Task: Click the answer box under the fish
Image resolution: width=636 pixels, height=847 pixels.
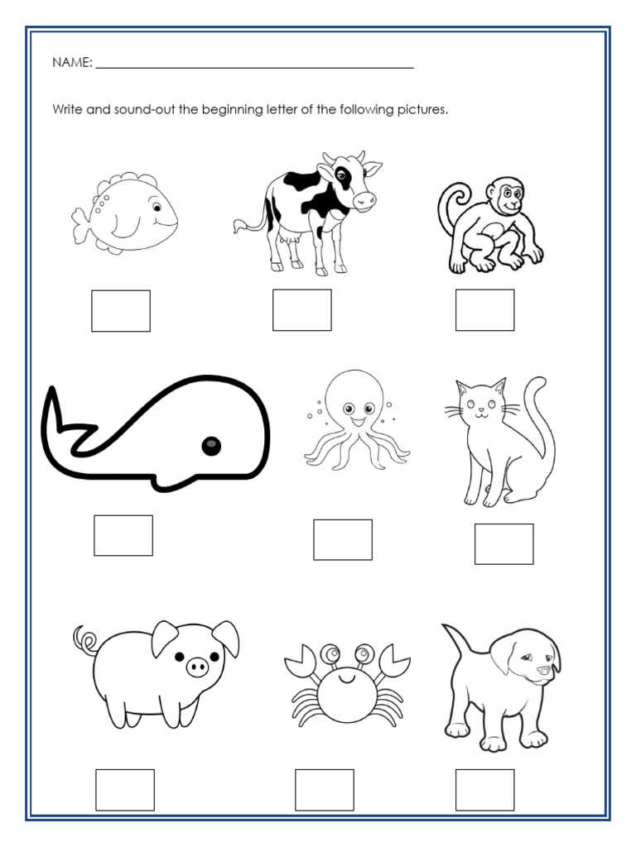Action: [x=121, y=310]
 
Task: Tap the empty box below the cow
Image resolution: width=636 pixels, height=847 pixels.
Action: [x=302, y=310]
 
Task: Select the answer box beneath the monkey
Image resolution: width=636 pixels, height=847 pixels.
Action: [x=484, y=310]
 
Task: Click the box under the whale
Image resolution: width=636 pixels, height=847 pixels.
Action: [x=123, y=535]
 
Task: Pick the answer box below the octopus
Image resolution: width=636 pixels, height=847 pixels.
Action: [x=343, y=539]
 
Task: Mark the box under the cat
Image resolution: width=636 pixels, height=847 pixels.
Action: [x=503, y=544]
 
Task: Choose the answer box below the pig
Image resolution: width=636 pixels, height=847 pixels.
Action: [x=125, y=790]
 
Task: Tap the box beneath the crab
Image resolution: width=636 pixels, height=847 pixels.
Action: [x=325, y=790]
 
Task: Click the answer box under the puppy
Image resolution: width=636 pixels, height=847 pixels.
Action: [x=484, y=790]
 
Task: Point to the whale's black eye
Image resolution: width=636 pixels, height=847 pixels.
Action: [x=212, y=447]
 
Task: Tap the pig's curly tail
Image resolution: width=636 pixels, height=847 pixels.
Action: [x=84, y=639]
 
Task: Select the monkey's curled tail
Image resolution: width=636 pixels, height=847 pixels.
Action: [x=452, y=207]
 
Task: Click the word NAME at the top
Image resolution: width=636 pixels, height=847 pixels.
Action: [x=72, y=63]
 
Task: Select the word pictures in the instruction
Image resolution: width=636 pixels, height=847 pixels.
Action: [x=422, y=109]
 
